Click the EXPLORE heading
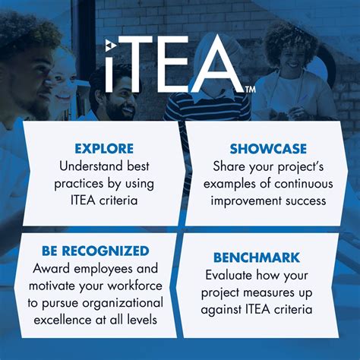click(x=104, y=149)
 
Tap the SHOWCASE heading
click(x=268, y=149)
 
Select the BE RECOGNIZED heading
click(x=96, y=251)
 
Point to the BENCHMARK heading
click(x=257, y=257)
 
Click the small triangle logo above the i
click(x=111, y=45)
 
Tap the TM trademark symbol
click(x=250, y=90)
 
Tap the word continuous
click(x=304, y=184)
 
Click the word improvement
click(x=246, y=201)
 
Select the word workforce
click(x=135, y=286)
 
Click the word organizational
click(x=123, y=303)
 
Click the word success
click(x=306, y=201)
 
